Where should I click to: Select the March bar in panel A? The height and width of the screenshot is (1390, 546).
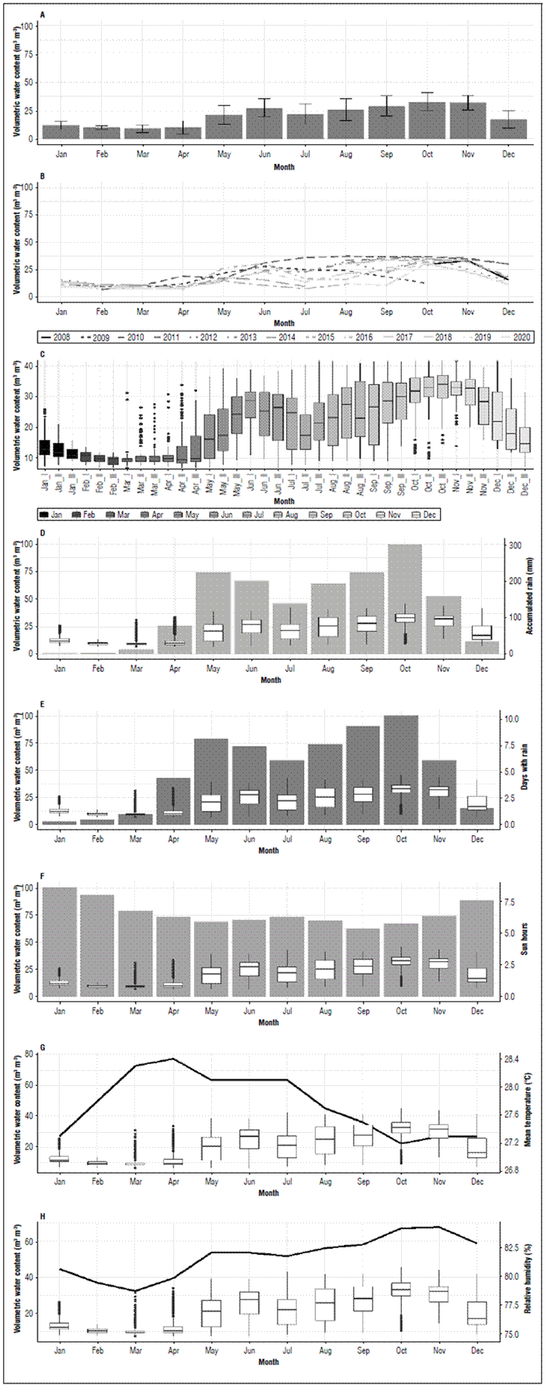142,133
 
